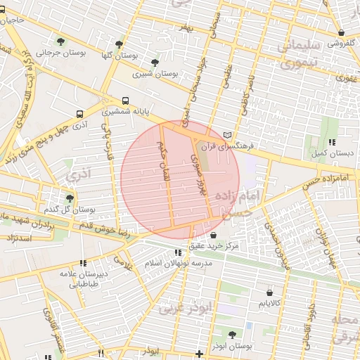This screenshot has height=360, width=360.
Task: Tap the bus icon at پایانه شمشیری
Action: point(125,100)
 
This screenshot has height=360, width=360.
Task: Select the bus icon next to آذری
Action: point(79,112)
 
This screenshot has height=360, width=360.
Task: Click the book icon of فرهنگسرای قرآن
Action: point(226,135)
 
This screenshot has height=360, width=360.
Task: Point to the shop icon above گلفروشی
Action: point(341,32)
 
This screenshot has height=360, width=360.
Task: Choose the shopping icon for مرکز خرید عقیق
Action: point(214,234)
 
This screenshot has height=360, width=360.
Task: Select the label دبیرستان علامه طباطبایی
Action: point(83,279)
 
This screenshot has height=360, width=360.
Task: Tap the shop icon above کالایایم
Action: point(269,292)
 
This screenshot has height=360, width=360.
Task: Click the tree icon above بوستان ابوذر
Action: point(232,334)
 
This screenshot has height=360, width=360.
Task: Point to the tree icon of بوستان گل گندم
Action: point(69,198)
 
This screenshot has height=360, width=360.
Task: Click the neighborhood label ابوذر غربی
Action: point(185,307)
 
